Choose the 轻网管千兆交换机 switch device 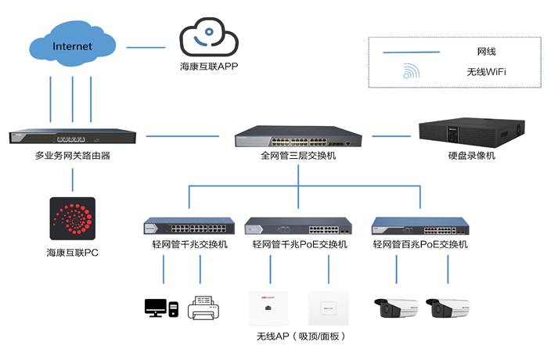(189, 228)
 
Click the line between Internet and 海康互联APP (146, 48)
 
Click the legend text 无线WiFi (487, 72)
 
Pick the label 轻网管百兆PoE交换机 (420, 245)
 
